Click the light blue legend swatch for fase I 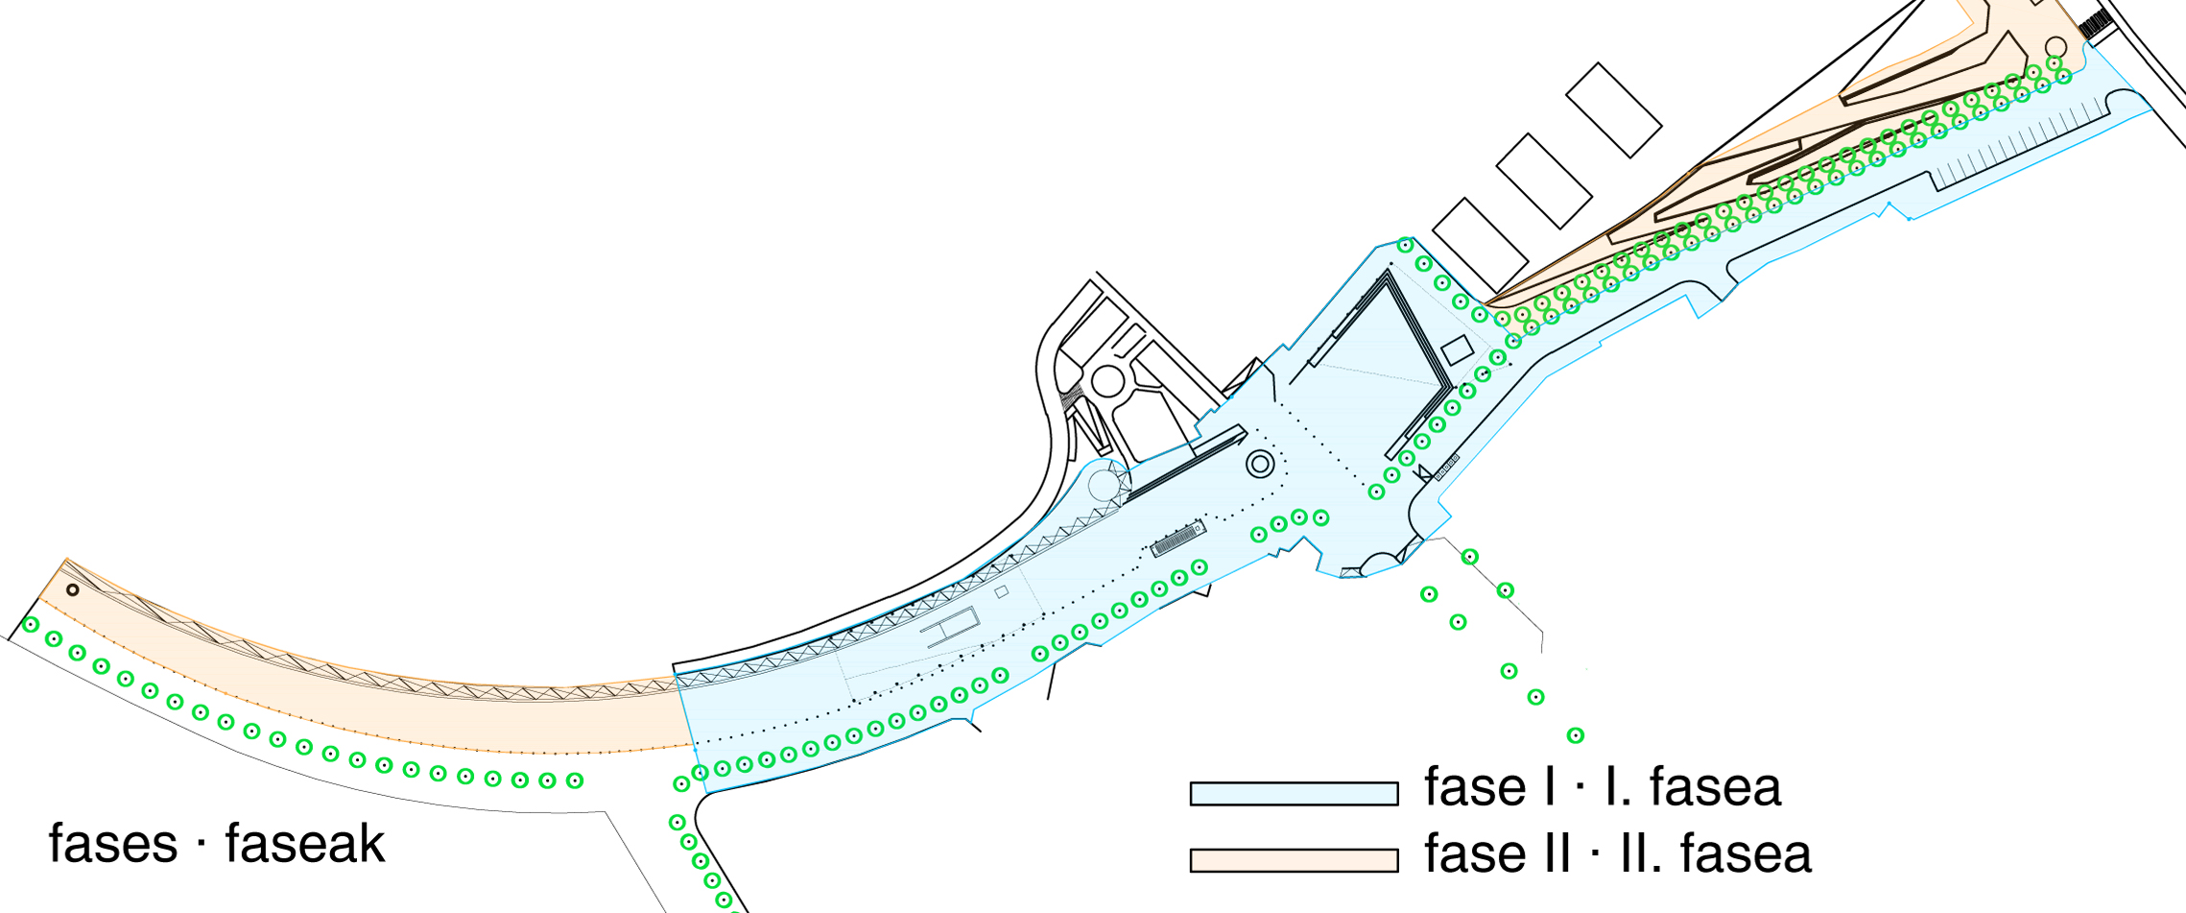[x=1294, y=793]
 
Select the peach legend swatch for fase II [x=1294, y=860]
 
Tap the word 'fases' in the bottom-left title [x=113, y=845]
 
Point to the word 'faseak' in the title [x=305, y=845]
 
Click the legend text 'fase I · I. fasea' [x=1603, y=787]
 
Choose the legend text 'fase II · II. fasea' [x=1618, y=853]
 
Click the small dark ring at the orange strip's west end [x=72, y=589]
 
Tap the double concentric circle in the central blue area [x=1260, y=466]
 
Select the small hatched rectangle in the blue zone [x=1178, y=540]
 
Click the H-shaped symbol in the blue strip [x=950, y=628]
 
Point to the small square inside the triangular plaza [x=1457, y=349]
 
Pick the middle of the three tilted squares [x=1544, y=180]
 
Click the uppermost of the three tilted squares [x=1613, y=110]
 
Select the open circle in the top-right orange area [x=2055, y=47]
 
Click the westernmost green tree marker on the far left [x=31, y=625]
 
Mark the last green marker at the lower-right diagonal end [x=1575, y=736]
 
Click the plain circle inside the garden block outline [x=1108, y=381]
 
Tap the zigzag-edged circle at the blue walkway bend [x=1105, y=483]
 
